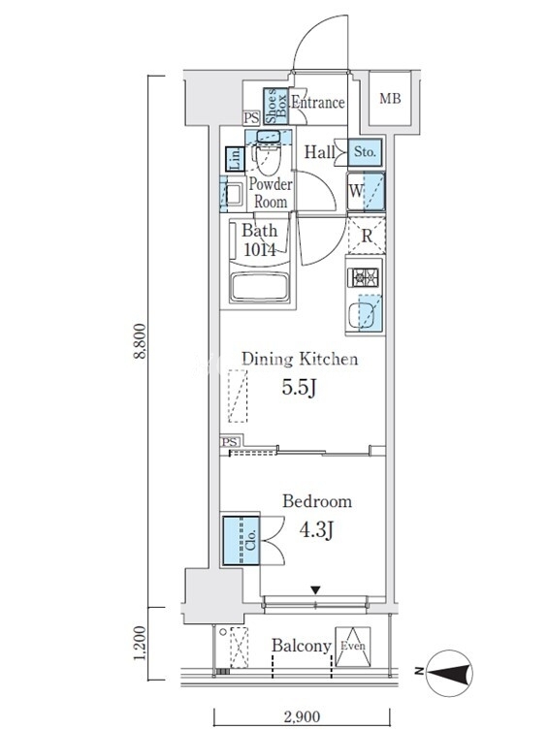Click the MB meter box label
pyautogui.click(x=390, y=99)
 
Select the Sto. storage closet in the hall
pyautogui.click(x=365, y=152)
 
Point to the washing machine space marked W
pyautogui.click(x=366, y=191)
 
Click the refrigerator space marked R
pyautogui.click(x=367, y=236)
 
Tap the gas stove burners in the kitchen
pyautogui.click(x=363, y=278)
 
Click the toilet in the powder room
pyautogui.click(x=268, y=155)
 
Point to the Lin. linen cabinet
pyautogui.click(x=235, y=159)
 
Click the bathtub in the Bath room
pyautogui.click(x=260, y=287)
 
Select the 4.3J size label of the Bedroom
pyautogui.click(x=316, y=529)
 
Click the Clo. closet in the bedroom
pyautogui.click(x=241, y=541)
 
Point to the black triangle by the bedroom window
pyautogui.click(x=316, y=590)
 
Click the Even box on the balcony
pyautogui.click(x=352, y=647)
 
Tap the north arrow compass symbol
pyautogui.click(x=448, y=673)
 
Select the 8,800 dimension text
pyautogui.click(x=140, y=341)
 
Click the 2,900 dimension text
pyautogui.click(x=301, y=716)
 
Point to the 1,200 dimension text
pyautogui.click(x=140, y=643)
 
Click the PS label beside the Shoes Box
pyautogui.click(x=251, y=117)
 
